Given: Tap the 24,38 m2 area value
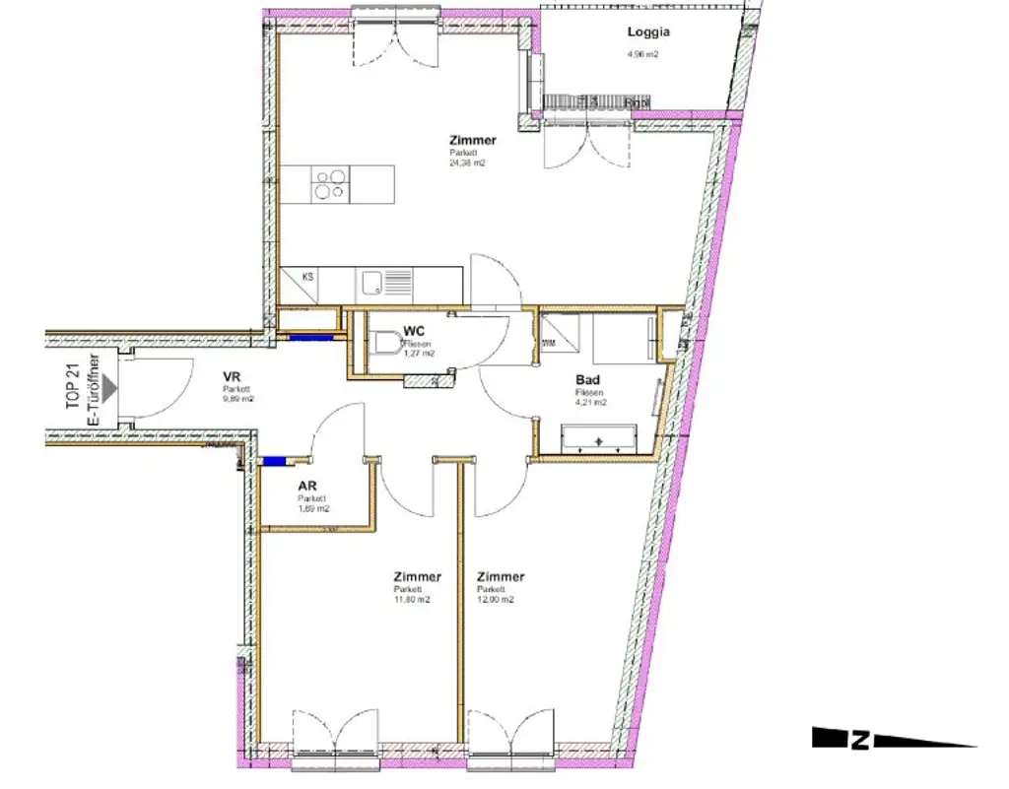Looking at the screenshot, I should pyautogui.click(x=465, y=164).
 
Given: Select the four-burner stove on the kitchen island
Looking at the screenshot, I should pyautogui.click(x=329, y=184).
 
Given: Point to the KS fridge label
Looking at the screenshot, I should pyautogui.click(x=308, y=278).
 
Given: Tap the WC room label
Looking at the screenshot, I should pyautogui.click(x=413, y=332).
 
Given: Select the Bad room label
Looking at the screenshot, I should pyautogui.click(x=588, y=380).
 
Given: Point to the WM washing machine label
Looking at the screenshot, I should pyautogui.click(x=549, y=344).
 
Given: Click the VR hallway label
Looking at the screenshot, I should pyautogui.click(x=233, y=376).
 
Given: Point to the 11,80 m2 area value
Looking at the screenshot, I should pyautogui.click(x=412, y=600).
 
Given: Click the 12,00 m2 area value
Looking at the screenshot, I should pyautogui.click(x=496, y=600).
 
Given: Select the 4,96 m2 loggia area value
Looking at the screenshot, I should pyautogui.click(x=642, y=55).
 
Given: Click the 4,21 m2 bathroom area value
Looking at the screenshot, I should pyautogui.click(x=591, y=402).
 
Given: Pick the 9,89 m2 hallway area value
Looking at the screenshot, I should pyautogui.click(x=238, y=399).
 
